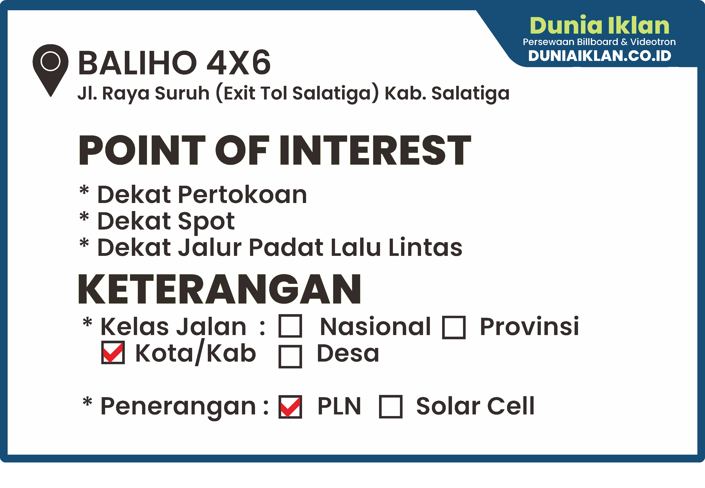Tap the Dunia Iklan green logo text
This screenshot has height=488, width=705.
pos(599,26)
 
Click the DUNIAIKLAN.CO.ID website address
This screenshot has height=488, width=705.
pos(599,56)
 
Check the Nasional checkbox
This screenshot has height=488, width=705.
pos(290,326)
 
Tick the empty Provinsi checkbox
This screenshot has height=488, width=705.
pos(454,327)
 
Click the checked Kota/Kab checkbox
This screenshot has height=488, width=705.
pos(113,353)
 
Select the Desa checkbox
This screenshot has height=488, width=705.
pos(290,357)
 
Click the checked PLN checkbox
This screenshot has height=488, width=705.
pos(290,407)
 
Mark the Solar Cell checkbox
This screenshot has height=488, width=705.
pos(390,407)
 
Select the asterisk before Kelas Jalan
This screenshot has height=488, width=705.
pos(87,323)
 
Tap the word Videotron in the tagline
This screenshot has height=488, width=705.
pos(653,42)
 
